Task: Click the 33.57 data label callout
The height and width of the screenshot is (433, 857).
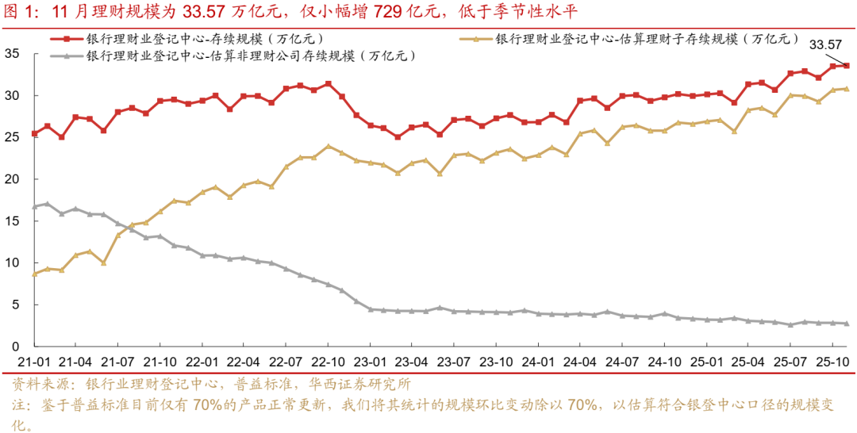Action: coord(825,46)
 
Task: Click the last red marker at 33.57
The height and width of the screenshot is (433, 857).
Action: coord(846,66)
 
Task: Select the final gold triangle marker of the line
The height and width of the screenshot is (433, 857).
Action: coord(846,89)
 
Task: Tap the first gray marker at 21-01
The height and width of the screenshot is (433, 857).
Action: coord(33,207)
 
